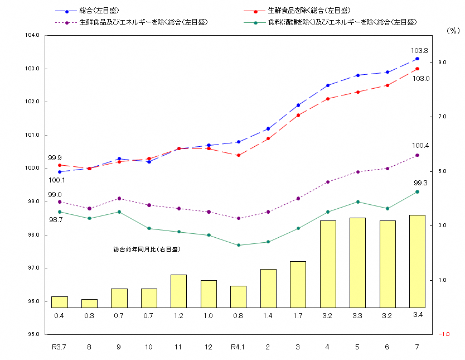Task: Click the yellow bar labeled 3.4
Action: (417, 261)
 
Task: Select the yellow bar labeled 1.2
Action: (178, 291)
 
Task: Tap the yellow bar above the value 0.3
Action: (89, 303)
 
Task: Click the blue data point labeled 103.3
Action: (417, 59)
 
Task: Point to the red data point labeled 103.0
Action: (417, 69)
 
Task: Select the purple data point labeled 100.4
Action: (417, 155)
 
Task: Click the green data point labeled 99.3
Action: (417, 192)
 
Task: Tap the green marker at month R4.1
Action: (238, 245)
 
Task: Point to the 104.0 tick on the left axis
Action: (33, 35)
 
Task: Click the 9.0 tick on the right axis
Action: (442, 63)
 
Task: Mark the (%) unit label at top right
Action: (452, 31)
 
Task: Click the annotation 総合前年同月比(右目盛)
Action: (147, 249)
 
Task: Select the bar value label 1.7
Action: (298, 315)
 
